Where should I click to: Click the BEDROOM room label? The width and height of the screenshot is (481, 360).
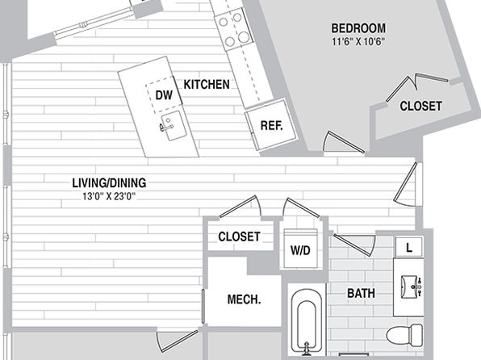click(x=358, y=28)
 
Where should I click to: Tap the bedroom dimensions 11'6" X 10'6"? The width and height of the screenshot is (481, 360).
click(x=358, y=41)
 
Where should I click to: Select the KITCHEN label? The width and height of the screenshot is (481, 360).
click(x=207, y=85)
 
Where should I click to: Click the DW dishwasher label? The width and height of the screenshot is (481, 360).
click(x=164, y=95)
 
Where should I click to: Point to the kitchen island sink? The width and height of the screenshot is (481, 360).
click(x=174, y=126)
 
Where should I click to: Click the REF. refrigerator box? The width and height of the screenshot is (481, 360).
click(x=271, y=125)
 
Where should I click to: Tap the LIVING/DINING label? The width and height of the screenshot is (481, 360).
click(x=109, y=183)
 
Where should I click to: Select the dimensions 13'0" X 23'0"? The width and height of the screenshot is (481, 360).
click(x=109, y=196)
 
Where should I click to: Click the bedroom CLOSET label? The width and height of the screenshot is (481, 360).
click(x=420, y=107)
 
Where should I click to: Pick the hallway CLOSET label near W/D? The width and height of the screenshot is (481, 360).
click(x=239, y=237)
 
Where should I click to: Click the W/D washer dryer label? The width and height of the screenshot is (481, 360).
click(x=300, y=250)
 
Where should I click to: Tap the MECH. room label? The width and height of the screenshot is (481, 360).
click(x=245, y=299)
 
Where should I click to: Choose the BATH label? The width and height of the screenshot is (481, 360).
click(x=361, y=293)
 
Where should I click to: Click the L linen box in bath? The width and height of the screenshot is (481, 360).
click(x=409, y=247)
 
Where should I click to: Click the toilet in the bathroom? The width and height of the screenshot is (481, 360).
click(x=404, y=336)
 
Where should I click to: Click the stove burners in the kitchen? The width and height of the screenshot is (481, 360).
click(x=233, y=30)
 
